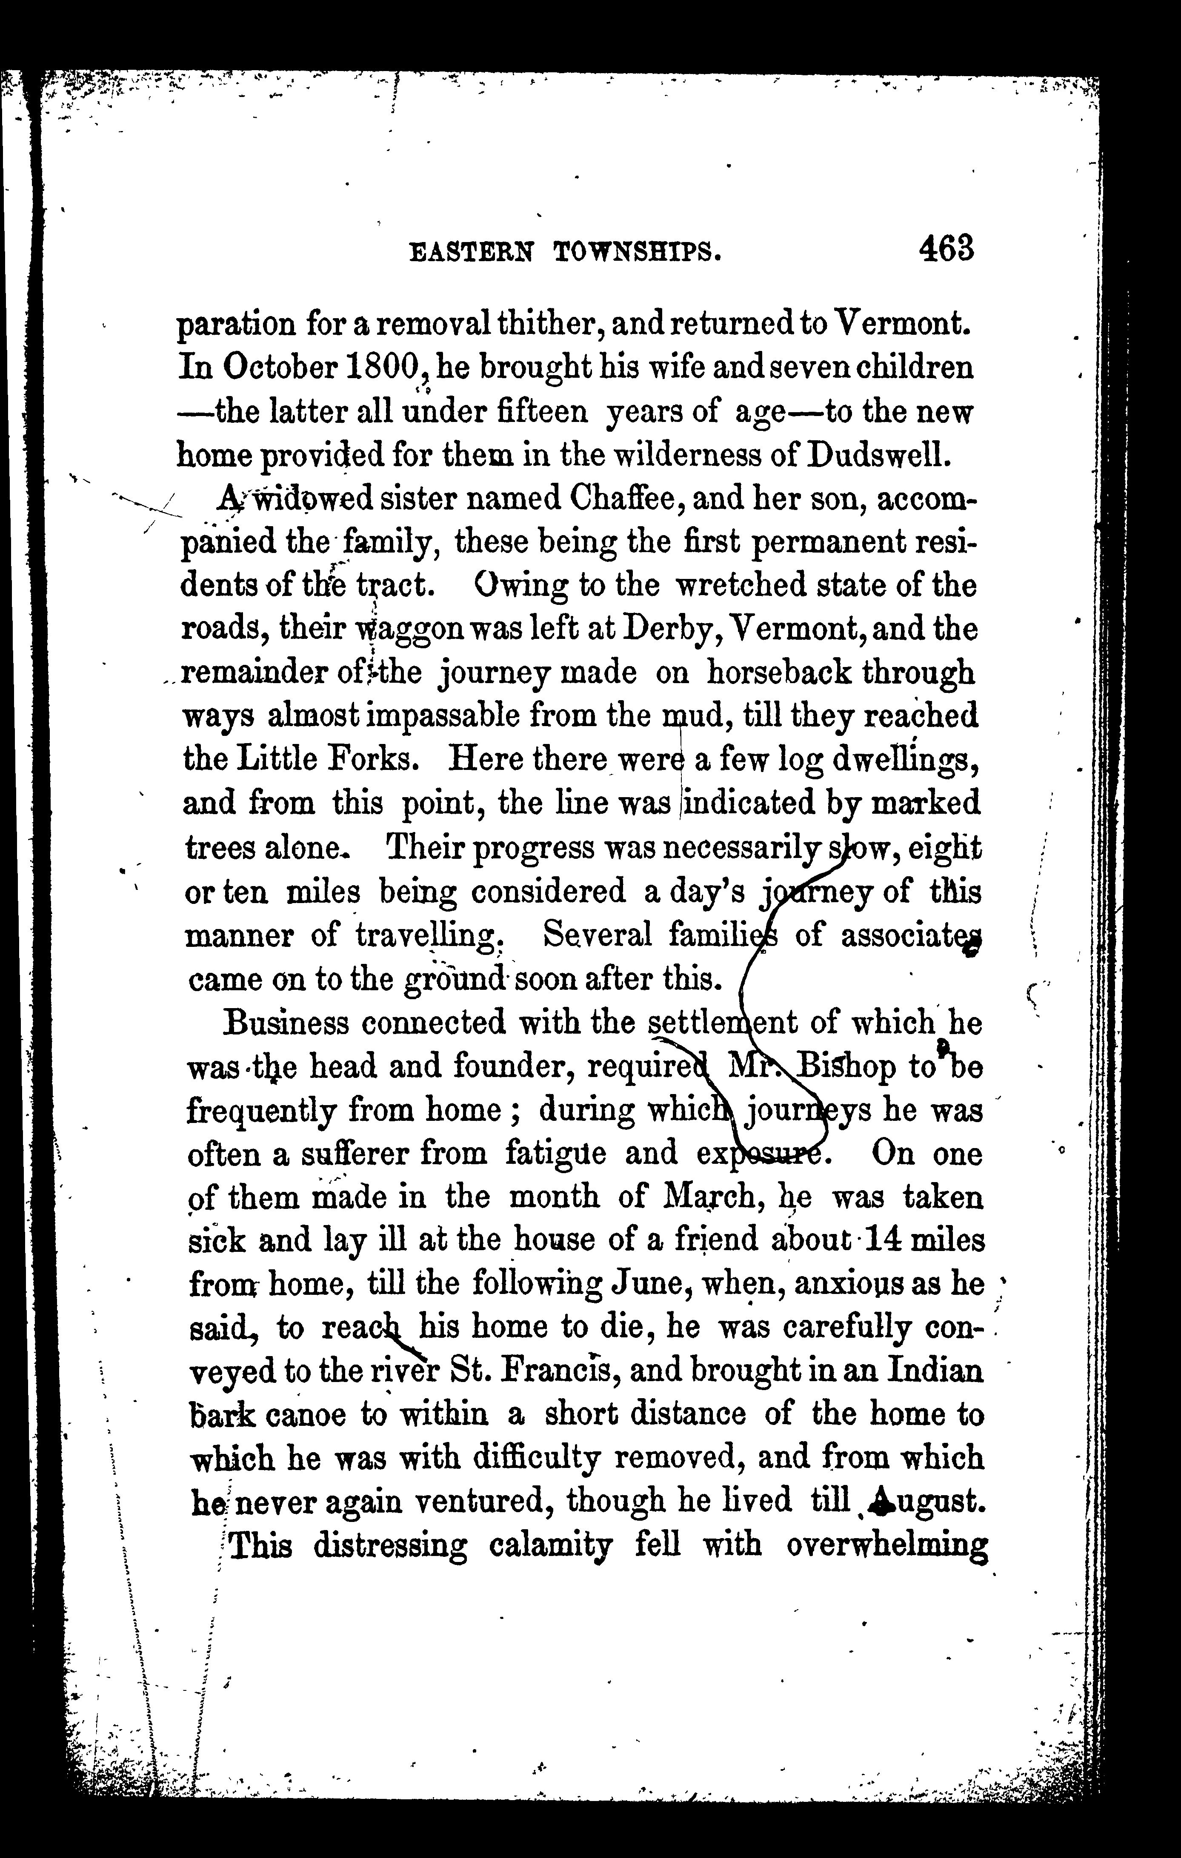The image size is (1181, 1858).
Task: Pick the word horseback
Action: point(779,673)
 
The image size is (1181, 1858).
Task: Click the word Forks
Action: point(374,760)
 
